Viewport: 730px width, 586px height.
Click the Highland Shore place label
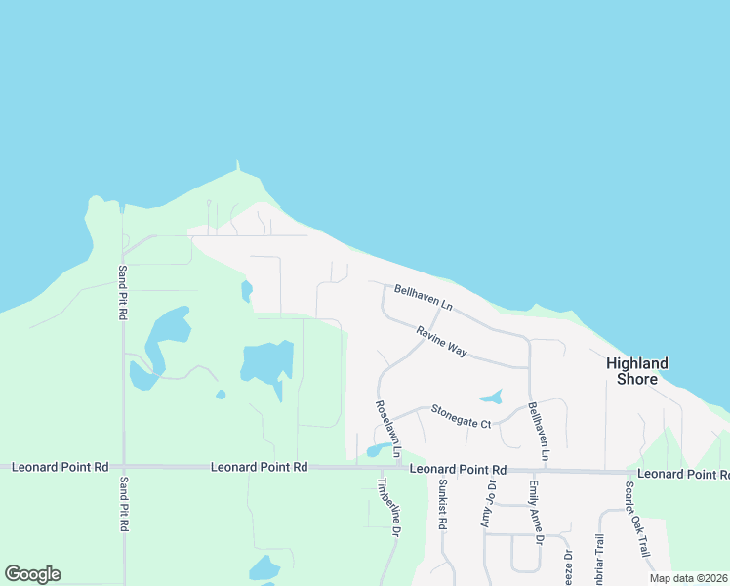637,370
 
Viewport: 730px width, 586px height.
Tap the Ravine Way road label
441,340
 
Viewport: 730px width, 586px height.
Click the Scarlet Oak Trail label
637,520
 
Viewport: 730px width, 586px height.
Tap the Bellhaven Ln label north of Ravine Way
424,298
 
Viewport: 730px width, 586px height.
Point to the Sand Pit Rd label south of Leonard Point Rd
123,504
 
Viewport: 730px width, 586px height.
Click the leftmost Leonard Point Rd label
60,468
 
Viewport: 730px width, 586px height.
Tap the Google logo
32,574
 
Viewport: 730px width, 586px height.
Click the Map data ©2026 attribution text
688,578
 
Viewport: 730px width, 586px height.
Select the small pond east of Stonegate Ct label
491,398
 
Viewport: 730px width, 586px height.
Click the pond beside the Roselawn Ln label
375,450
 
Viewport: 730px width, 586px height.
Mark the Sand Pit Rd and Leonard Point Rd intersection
123,468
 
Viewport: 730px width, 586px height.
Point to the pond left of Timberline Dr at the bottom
264,567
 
